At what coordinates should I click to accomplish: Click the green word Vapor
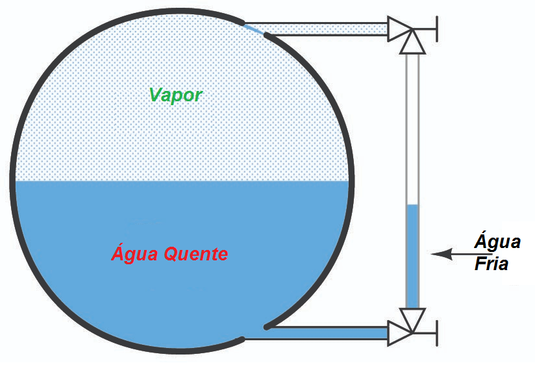coord(175,95)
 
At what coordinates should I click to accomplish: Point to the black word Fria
coord(491,264)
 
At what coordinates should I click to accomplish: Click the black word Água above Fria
coord(497,242)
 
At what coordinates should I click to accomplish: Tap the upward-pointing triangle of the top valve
coord(412,44)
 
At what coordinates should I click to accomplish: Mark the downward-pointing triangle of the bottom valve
coord(412,318)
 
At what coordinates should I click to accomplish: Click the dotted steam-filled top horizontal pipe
coord(325,28)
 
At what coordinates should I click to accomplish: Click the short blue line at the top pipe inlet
coord(255,29)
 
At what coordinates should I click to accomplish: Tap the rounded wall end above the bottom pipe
coord(267,325)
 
